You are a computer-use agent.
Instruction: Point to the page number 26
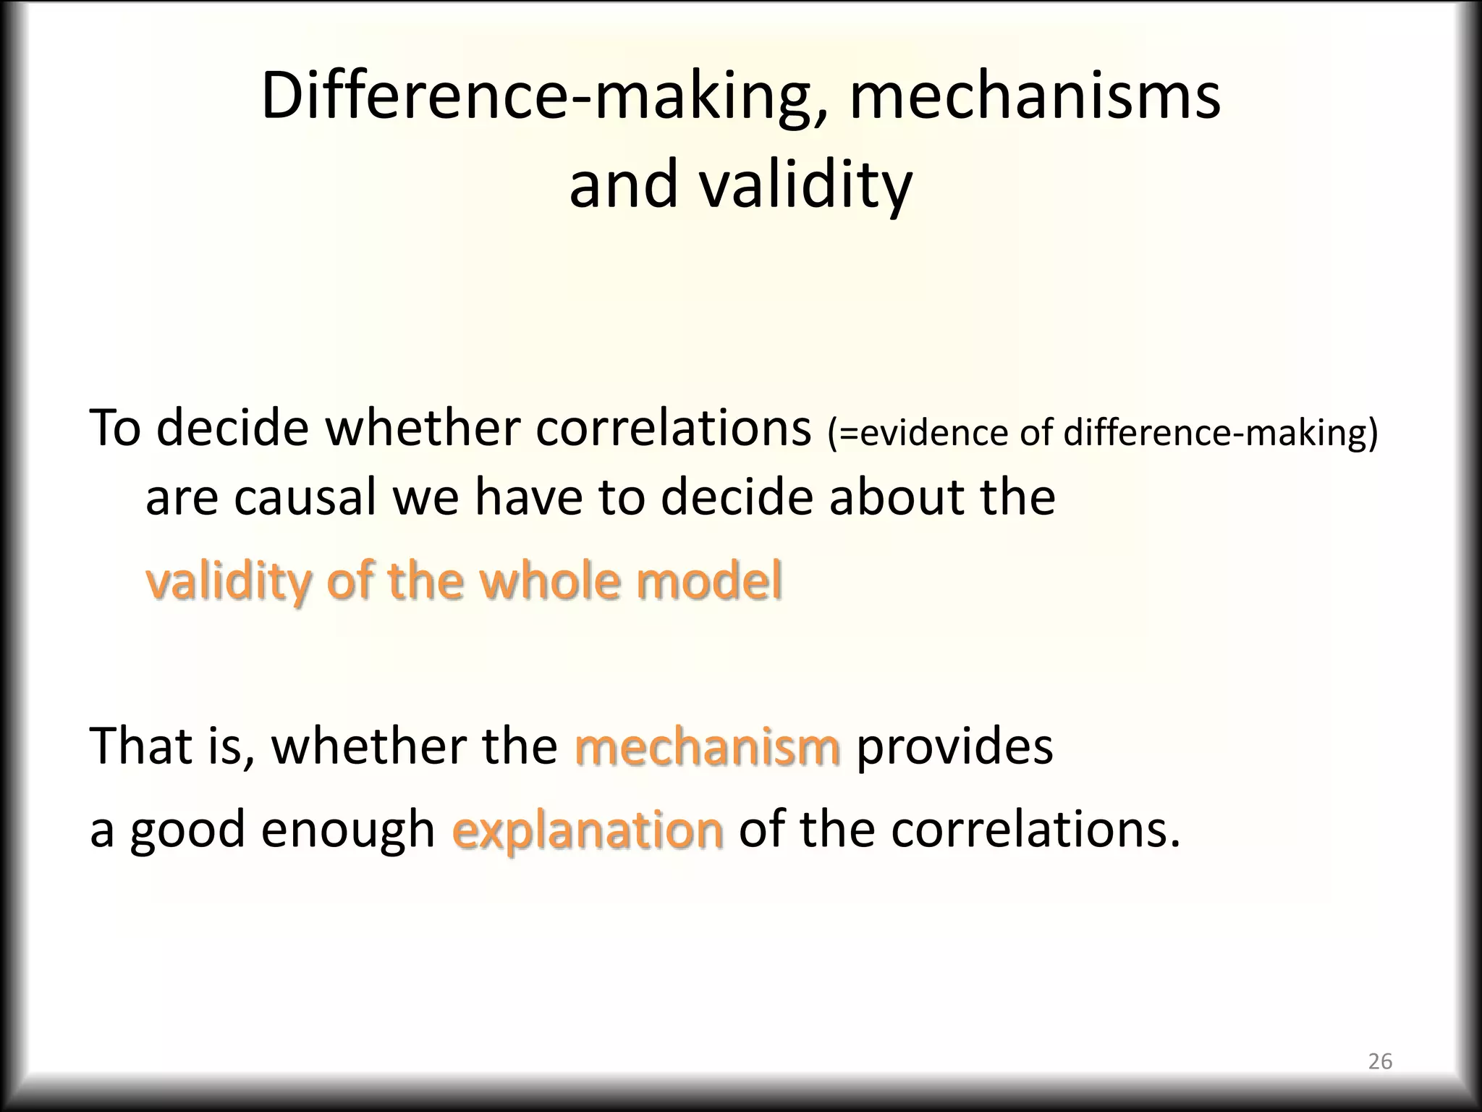coord(1380,1061)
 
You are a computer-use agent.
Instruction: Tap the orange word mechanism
coord(707,746)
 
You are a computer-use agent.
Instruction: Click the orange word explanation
coord(587,829)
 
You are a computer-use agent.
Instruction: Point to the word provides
coord(954,746)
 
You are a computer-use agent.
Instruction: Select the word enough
coord(347,829)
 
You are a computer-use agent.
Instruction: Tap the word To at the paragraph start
coord(114,429)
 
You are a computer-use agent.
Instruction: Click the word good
coord(187,829)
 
